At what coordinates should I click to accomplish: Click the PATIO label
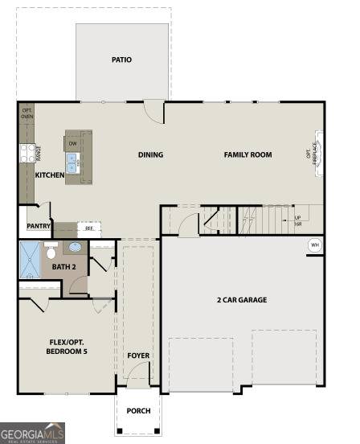click(122, 60)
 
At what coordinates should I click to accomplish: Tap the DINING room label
click(150, 155)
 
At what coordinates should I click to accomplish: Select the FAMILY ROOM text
click(247, 154)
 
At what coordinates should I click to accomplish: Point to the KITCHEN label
click(50, 175)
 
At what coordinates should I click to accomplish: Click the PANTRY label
click(39, 227)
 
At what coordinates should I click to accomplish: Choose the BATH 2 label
click(63, 266)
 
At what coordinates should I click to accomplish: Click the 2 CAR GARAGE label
click(241, 300)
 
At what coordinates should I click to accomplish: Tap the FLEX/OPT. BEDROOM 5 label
click(67, 347)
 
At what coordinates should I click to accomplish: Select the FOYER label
click(138, 355)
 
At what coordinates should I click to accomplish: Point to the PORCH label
click(138, 410)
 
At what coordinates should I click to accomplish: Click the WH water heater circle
click(314, 245)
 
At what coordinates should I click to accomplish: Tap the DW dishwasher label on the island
click(72, 144)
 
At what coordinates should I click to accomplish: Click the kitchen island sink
click(73, 165)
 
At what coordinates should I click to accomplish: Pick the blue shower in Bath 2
click(29, 260)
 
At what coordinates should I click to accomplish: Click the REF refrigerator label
click(89, 228)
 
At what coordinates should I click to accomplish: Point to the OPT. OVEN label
click(27, 113)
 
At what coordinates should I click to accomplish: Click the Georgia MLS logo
click(33, 433)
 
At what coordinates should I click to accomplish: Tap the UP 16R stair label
click(297, 220)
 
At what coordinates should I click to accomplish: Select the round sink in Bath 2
click(75, 248)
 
